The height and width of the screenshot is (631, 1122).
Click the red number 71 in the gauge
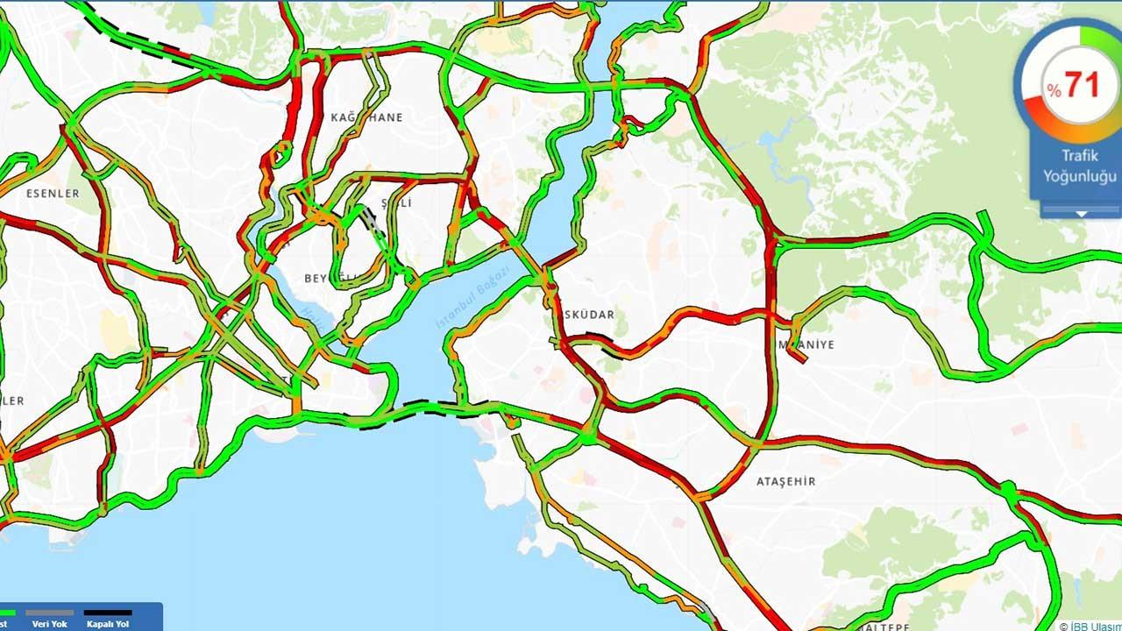(x=1082, y=85)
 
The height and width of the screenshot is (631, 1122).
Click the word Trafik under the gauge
(x=1079, y=156)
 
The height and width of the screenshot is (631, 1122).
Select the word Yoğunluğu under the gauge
(x=1079, y=175)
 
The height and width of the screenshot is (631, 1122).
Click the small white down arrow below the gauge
(x=1081, y=213)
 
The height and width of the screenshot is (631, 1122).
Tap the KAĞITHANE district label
(x=367, y=117)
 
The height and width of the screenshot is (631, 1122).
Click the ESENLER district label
(x=53, y=193)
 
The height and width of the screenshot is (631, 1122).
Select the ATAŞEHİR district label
(x=785, y=481)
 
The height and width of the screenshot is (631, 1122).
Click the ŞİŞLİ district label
(x=396, y=203)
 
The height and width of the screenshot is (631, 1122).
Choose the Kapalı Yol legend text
(x=108, y=624)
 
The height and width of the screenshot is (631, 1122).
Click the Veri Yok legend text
(x=50, y=624)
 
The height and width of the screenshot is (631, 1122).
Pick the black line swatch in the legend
(x=108, y=613)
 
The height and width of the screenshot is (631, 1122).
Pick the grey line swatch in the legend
(x=50, y=613)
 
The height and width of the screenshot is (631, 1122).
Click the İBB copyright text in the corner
(x=1089, y=626)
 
